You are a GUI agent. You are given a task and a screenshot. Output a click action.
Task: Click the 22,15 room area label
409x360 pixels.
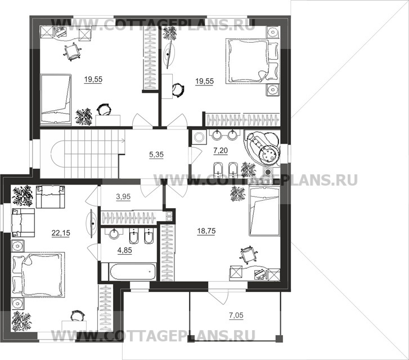[x=61, y=233]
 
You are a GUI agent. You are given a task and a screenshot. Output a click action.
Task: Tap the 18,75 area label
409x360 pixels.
[x=206, y=231]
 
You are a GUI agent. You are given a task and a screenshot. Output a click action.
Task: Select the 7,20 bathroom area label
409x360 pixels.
[x=221, y=151]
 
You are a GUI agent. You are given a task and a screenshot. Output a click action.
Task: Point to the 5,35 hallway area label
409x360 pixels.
[x=156, y=155]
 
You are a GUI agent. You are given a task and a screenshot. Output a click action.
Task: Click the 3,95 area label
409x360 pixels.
[x=123, y=197]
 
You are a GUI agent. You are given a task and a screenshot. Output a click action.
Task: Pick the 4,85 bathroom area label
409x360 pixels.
[x=125, y=250]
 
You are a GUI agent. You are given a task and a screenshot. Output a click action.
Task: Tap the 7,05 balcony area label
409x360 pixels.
[x=236, y=316]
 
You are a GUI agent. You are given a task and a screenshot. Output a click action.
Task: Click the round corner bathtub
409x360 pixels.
[x=262, y=148]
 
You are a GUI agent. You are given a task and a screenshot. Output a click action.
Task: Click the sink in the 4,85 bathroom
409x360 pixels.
[x=114, y=234]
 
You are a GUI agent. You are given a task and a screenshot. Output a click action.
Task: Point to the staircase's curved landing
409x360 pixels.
[x=57, y=154]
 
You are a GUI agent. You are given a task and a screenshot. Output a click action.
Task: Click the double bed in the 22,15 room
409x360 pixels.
[x=38, y=274]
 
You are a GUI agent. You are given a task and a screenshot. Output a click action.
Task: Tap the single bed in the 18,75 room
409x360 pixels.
[x=264, y=212]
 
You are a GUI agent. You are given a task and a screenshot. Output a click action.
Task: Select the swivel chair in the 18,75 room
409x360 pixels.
[x=248, y=253]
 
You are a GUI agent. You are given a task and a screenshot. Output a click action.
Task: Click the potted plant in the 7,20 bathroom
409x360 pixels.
[x=248, y=170]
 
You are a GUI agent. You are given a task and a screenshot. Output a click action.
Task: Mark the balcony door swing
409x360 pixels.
[x=219, y=296]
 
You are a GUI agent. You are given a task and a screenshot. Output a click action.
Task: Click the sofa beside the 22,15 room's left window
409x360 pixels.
[x=23, y=223]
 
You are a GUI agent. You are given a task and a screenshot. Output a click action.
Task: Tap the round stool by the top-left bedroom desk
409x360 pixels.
[x=104, y=110]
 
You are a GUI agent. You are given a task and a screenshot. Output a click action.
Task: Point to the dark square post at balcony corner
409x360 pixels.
[x=280, y=339]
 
